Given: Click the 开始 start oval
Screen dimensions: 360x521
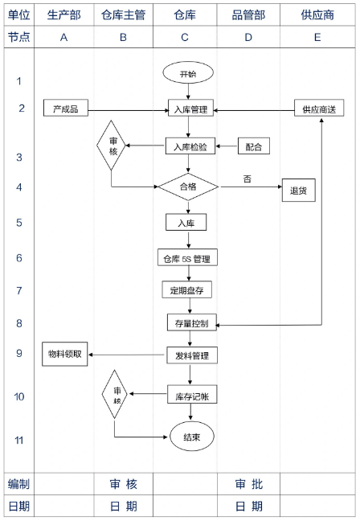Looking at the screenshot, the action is click(188, 73).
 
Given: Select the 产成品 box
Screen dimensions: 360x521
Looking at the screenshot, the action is click(66, 108).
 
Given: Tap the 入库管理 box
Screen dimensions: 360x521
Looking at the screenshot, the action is click(190, 109).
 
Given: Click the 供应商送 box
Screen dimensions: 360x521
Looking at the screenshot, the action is click(319, 108).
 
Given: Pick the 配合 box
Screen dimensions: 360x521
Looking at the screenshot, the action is click(254, 146).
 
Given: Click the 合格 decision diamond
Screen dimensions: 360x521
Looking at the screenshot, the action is click(188, 187).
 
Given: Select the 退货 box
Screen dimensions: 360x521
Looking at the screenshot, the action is click(299, 191).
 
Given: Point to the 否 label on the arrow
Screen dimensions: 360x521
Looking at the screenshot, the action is click(247, 179).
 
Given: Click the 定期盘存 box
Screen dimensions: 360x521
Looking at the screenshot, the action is click(186, 289).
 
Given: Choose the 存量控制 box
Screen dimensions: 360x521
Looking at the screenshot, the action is click(192, 322).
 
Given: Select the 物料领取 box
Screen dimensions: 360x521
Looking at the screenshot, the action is click(65, 355).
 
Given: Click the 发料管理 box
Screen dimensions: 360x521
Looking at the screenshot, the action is click(192, 355).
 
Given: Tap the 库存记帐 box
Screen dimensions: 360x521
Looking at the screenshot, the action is click(192, 395).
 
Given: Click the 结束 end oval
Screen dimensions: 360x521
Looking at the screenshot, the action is click(192, 437).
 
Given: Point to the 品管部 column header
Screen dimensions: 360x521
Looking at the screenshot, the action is click(248, 15).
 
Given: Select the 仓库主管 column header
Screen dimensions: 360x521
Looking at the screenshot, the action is click(123, 15).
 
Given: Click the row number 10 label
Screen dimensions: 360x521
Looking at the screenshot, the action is click(19, 396).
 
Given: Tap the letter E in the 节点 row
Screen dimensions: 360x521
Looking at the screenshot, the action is click(317, 37).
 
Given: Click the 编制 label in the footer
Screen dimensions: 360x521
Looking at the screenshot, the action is click(19, 484).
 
